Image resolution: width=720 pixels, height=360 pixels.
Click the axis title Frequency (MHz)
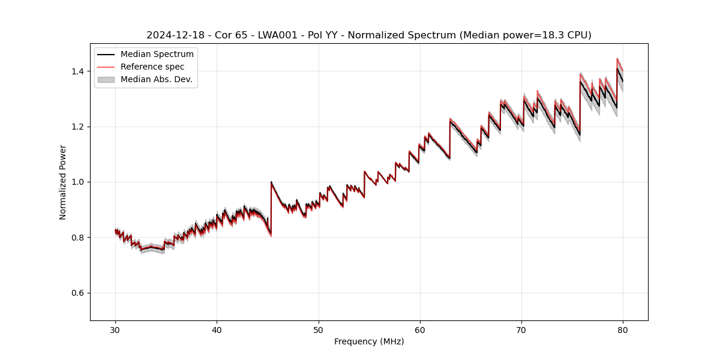tap(369, 341)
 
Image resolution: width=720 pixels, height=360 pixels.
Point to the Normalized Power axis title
tap(62, 182)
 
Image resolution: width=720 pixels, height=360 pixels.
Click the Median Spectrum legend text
tap(157, 55)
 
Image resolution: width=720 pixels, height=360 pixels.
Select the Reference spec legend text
tap(152, 67)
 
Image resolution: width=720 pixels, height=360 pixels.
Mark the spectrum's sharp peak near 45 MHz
tap(271, 182)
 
